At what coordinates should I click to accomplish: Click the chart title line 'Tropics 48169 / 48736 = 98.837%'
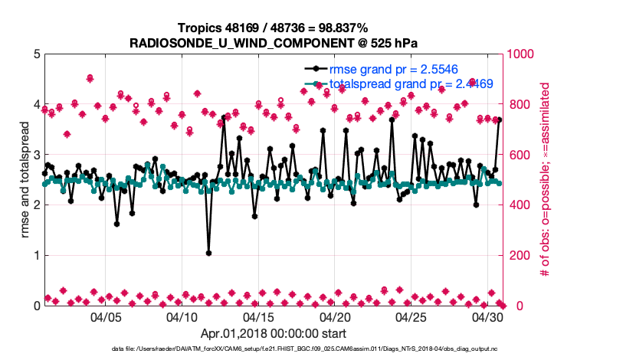[x=273, y=28]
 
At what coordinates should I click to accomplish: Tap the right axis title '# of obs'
[x=546, y=180]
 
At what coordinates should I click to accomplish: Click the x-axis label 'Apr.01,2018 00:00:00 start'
[x=273, y=334]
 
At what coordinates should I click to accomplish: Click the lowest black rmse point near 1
[x=208, y=253]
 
